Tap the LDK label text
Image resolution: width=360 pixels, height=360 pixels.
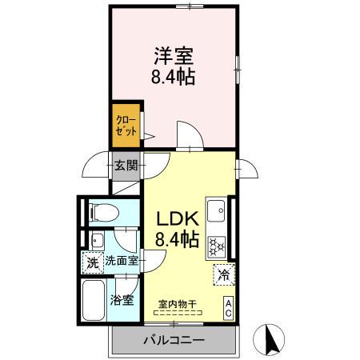coord(177,217)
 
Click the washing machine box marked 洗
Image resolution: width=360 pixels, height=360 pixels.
coord(92,261)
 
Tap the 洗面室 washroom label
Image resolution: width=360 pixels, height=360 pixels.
coord(122,261)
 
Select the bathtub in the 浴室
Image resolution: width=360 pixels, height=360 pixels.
coord(96,302)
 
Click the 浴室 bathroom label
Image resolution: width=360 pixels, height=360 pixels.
coord(122,302)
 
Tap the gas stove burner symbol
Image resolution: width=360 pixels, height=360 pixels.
coord(217,246)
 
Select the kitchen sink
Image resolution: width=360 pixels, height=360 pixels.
coord(217,211)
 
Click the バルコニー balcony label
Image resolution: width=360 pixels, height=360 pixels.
coord(174,340)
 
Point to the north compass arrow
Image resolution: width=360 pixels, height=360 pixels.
coord(270,338)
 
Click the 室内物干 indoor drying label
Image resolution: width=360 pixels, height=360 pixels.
coord(178,303)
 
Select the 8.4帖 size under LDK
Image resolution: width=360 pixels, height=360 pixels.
coord(177,238)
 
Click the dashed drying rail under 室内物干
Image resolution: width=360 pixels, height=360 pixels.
coord(178,313)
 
